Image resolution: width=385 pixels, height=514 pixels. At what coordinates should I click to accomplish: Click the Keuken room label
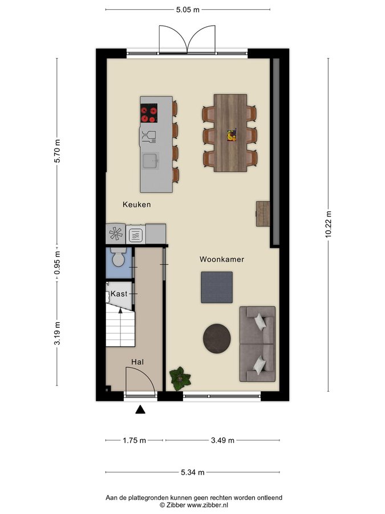pos(136,204)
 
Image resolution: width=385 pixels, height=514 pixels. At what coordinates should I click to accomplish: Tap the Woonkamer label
pos(222,259)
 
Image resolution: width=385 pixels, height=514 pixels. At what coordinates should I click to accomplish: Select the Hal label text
pos(137,362)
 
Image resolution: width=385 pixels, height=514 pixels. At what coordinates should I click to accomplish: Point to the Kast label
pos(119,294)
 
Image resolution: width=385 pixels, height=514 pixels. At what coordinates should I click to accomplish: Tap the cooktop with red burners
pos(149,113)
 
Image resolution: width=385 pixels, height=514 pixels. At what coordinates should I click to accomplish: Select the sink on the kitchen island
pos(151,161)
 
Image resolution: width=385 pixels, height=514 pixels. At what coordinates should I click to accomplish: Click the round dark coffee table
pos(217,339)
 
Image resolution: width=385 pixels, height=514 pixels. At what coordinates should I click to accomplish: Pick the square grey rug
pos(217,287)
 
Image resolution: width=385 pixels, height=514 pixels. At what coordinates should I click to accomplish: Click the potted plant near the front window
pos(180,379)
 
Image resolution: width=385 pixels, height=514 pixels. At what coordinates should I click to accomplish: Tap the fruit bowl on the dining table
pos(232,135)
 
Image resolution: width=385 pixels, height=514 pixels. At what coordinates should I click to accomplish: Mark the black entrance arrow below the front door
pos(140,409)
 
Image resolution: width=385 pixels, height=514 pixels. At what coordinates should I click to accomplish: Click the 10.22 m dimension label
pos(329,224)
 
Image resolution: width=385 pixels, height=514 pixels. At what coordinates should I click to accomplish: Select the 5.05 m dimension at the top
pos(188,10)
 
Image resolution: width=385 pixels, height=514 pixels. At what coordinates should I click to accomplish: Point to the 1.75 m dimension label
pos(134,440)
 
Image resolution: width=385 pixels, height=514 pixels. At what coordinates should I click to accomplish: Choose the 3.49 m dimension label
pos(222,440)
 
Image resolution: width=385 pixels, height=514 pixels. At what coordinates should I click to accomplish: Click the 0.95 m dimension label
pos(57,263)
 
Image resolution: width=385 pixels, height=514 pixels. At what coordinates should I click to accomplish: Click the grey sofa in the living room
pos(257,344)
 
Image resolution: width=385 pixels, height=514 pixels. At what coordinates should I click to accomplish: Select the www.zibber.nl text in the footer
pos(208,505)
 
